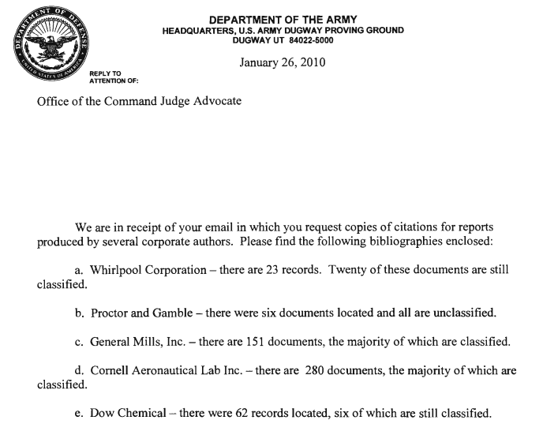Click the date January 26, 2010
(282, 62)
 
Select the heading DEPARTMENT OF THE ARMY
(283, 19)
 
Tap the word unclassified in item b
(460, 313)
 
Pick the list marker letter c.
(79, 342)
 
